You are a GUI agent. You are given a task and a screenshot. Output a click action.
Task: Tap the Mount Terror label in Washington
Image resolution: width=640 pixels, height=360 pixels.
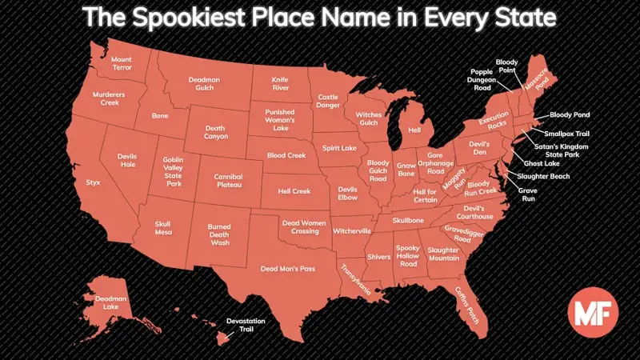(122, 63)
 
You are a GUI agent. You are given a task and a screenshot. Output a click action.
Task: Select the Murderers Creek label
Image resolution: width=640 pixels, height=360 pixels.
(109, 98)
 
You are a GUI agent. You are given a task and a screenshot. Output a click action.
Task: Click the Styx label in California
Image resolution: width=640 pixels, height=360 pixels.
(93, 182)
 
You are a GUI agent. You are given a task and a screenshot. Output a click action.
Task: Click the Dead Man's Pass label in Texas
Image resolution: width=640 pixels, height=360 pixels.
(288, 269)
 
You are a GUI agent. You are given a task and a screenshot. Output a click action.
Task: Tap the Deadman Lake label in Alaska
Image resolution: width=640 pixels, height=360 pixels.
(106, 302)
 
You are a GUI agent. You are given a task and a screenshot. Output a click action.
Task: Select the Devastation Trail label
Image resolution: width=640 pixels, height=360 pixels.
(246, 325)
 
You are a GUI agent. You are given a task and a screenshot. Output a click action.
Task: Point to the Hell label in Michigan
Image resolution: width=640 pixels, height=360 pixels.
(414, 130)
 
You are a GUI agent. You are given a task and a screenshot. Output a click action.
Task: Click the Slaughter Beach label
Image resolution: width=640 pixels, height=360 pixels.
(543, 176)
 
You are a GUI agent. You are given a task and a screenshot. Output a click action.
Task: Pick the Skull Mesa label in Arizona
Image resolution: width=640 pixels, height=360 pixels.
(163, 228)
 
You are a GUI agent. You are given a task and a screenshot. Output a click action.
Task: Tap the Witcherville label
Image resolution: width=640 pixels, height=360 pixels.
(352, 230)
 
